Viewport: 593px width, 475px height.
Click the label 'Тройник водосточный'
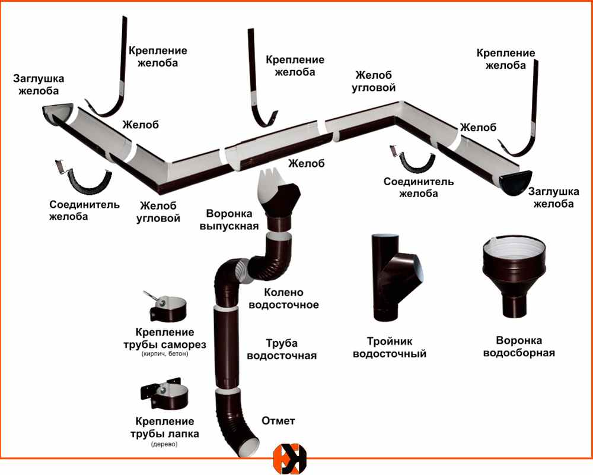pyautogui.click(x=390, y=348)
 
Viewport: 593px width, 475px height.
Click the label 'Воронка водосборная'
pyautogui.click(x=519, y=347)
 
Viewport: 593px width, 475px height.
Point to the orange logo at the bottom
pyautogui.click(x=290, y=459)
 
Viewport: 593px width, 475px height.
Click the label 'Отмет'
pyautogui.click(x=278, y=421)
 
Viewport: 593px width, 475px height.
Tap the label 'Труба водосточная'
pyautogui.click(x=281, y=350)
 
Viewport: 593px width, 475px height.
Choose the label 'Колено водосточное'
pyautogui.click(x=283, y=299)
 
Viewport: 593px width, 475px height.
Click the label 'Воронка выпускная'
pyautogui.click(x=232, y=220)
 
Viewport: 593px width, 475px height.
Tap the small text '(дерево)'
pyautogui.click(x=164, y=444)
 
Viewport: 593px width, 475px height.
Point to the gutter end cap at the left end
pyautogui.click(x=59, y=113)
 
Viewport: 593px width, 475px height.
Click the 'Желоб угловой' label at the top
pyautogui.click(x=375, y=81)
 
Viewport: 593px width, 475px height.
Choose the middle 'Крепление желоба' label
pyautogui.click(x=295, y=66)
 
